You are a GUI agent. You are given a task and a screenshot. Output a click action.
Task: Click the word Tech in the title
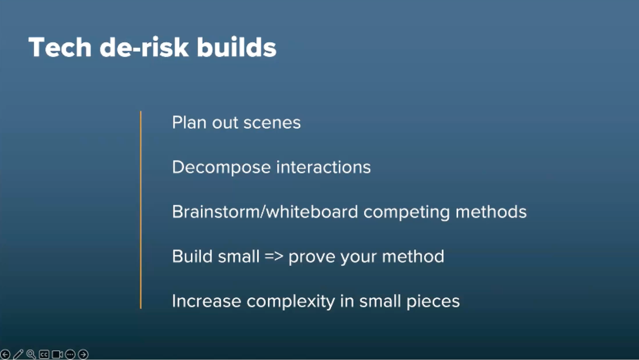pyautogui.click(x=60, y=47)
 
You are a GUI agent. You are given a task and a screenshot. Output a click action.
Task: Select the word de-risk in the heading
pyautogui.click(x=144, y=47)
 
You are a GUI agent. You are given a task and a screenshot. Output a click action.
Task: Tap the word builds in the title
pyautogui.click(x=236, y=47)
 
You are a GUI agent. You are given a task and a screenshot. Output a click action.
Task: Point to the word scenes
pyautogui.click(x=272, y=123)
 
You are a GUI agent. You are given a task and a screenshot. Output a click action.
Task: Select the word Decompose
pyautogui.click(x=221, y=167)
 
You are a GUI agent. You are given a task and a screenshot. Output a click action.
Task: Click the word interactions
pyautogui.click(x=323, y=167)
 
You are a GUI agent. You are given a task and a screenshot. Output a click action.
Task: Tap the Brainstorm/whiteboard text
pyautogui.click(x=265, y=212)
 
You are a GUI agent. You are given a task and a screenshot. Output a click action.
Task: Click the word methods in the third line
pyautogui.click(x=491, y=212)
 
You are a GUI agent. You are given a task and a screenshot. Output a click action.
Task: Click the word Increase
pyautogui.click(x=206, y=301)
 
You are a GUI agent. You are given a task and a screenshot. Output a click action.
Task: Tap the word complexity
pyautogui.click(x=291, y=302)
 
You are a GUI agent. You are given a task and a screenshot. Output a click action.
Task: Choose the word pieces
pyautogui.click(x=433, y=302)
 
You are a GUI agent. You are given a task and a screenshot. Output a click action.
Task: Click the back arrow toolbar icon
pyautogui.click(x=5, y=354)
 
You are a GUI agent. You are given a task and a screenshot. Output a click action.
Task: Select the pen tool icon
pyautogui.click(x=18, y=354)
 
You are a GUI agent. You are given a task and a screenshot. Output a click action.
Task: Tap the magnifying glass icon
pyautogui.click(x=31, y=354)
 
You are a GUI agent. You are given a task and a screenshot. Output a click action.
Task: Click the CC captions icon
pyautogui.click(x=44, y=354)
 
